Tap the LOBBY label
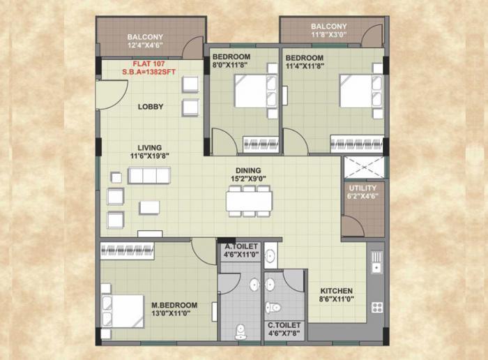pos(150,107)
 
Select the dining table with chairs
pos(248,200)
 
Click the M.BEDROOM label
pos(174,305)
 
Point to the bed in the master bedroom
pos(117,306)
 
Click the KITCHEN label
pos(336,291)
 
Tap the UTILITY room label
pos(363,188)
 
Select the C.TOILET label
pos(284,325)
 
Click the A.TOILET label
pos(241,246)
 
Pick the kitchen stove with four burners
pos(377,306)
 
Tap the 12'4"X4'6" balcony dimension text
pos(145,46)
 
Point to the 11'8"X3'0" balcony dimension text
pos(328,36)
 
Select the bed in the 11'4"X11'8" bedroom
pos(360,91)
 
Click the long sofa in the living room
pos(149,175)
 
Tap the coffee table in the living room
pos(149,207)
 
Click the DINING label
pos(247,170)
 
